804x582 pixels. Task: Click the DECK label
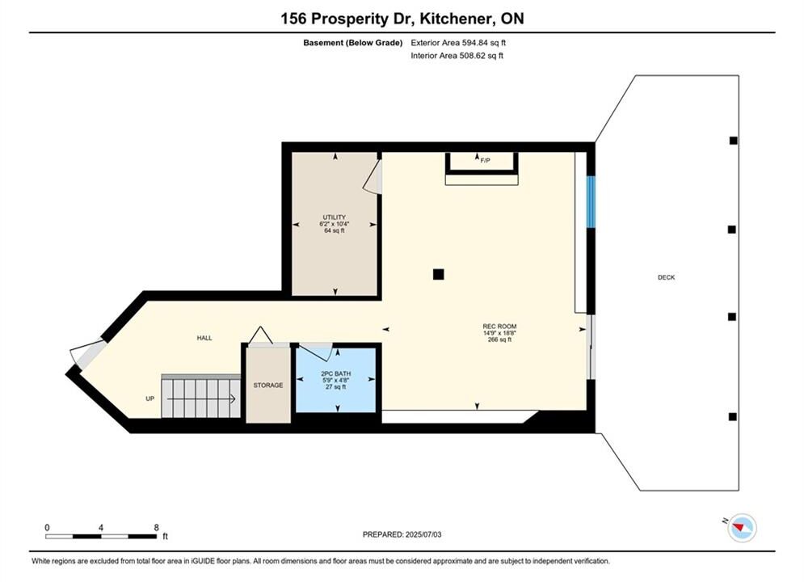tap(666, 277)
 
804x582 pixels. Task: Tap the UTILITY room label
tap(334, 217)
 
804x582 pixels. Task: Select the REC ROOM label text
tap(499, 326)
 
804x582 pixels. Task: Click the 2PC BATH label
tap(336, 373)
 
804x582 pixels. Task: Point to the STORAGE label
tap(268, 385)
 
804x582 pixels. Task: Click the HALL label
tap(204, 338)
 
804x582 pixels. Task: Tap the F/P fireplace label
tap(485, 161)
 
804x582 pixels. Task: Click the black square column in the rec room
tap(439, 274)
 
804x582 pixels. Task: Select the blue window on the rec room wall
tap(591, 202)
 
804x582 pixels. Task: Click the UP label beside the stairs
tap(149, 399)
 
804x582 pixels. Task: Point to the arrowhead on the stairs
tap(233, 399)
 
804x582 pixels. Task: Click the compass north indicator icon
tap(742, 527)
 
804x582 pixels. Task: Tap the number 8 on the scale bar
tap(157, 527)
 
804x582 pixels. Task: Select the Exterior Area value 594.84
tap(476, 43)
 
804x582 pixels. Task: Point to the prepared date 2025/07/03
tap(423, 534)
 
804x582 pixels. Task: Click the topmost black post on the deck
tap(733, 141)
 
